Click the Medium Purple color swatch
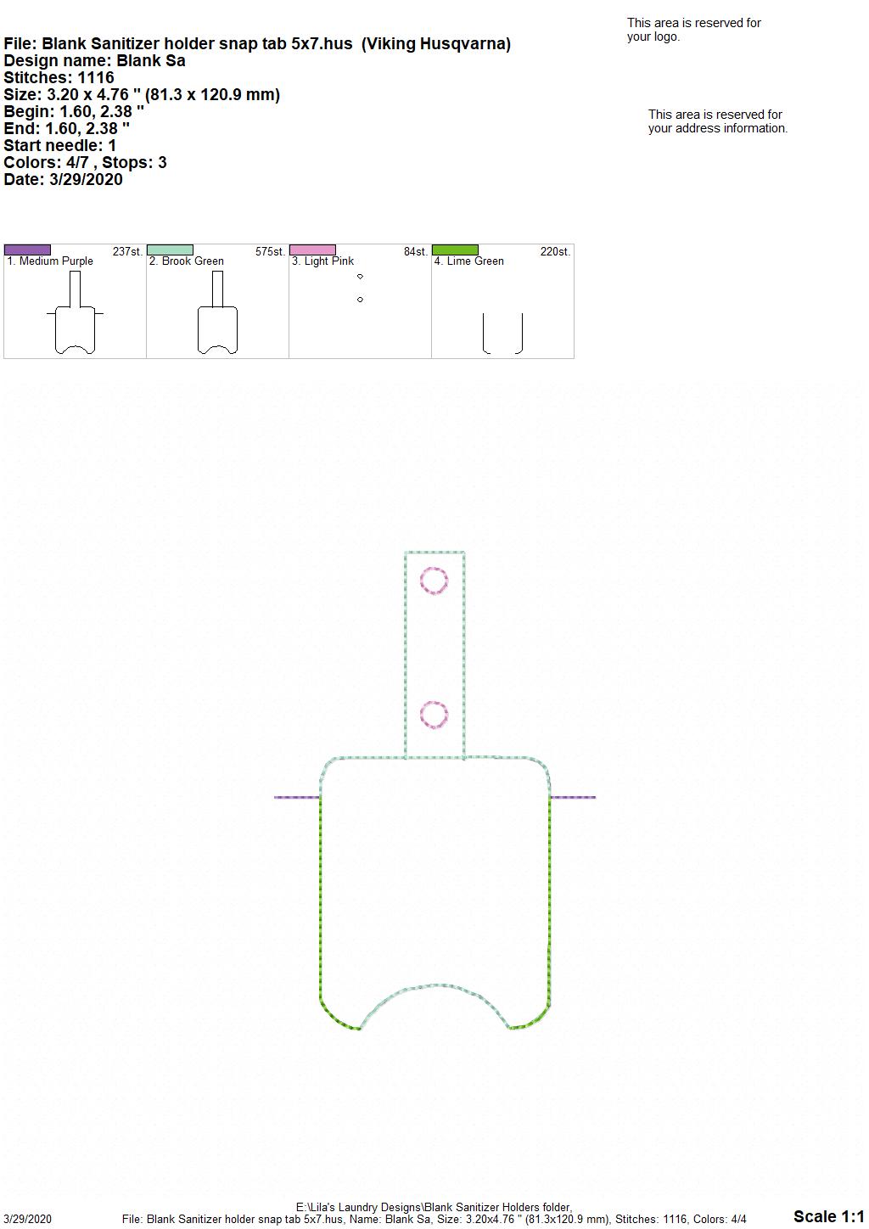tap(27, 250)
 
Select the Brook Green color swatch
tap(170, 250)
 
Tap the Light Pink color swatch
tap(312, 250)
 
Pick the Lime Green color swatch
tap(456, 250)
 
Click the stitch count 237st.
tap(127, 252)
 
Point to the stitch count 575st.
tap(270, 252)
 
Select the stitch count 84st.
tap(415, 252)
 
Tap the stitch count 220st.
tap(555, 252)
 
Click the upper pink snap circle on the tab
tap(434, 568)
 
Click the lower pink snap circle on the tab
tap(434, 702)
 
